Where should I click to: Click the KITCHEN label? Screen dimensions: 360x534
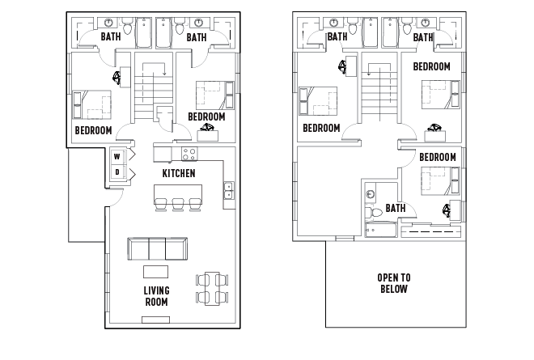pos(178,174)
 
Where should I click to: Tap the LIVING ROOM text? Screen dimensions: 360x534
pos(156,296)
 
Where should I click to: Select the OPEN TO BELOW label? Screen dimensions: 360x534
pos(393,282)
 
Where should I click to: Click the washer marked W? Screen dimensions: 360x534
pos(117,156)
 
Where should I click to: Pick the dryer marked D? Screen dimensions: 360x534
pos(117,172)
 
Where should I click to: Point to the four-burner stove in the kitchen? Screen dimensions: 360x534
pos(189,154)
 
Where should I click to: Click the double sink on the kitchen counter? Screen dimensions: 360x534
pos(229,190)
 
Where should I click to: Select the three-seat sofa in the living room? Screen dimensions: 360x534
pos(158,248)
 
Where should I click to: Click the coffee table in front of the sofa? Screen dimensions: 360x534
pos(156,271)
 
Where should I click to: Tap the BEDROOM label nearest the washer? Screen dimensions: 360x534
pos(93,130)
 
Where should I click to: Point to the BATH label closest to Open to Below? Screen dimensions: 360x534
pos(395,208)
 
